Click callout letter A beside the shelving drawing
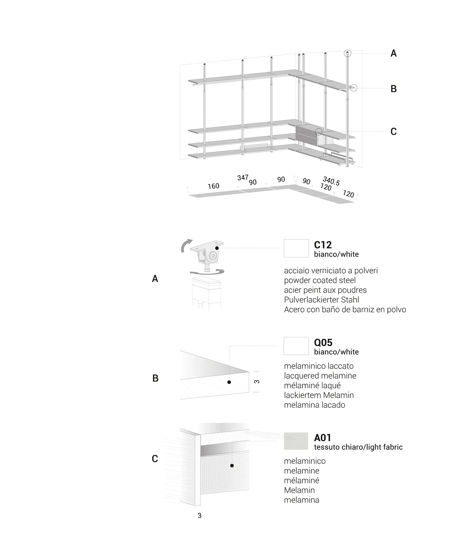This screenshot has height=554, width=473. point(393,54)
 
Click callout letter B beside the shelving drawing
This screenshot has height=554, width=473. point(393,89)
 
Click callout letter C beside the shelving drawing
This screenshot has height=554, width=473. point(393,131)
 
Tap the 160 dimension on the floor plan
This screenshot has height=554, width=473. point(214,186)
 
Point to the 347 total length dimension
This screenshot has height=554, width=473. point(243,177)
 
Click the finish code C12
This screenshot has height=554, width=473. point(323,245)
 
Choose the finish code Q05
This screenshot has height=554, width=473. point(323,343)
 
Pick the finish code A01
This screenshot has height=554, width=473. point(323,438)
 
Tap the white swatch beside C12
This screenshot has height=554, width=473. point(296,248)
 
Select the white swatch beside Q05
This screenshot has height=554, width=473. point(296,346)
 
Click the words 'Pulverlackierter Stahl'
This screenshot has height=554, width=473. point(321,300)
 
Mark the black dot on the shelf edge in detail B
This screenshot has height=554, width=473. point(229,382)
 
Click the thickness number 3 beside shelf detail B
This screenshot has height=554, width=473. point(257,382)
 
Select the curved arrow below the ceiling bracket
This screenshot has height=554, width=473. point(207,272)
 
